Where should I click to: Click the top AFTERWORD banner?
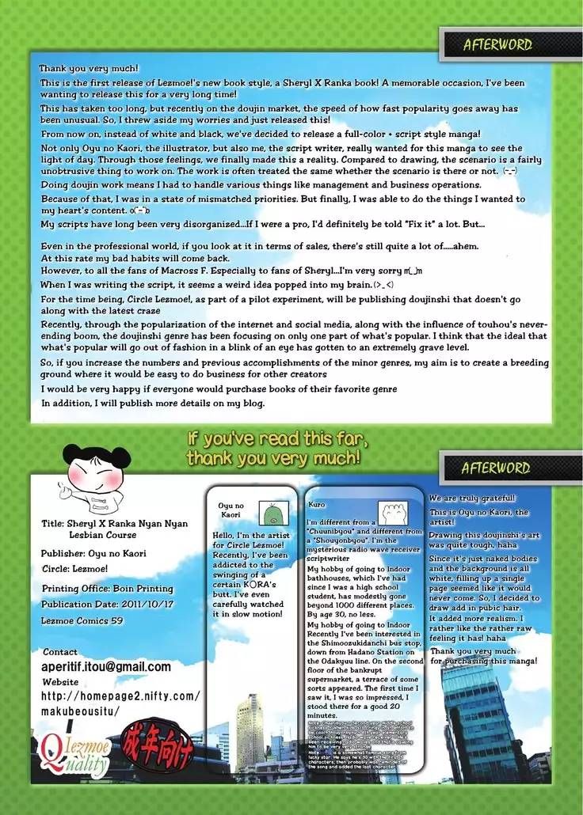[x=497, y=45]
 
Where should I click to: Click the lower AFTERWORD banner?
[x=495, y=468]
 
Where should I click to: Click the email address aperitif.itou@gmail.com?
[x=106, y=667]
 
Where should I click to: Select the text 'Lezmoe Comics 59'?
[x=82, y=621]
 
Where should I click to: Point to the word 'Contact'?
[x=61, y=652]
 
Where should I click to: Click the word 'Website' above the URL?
[x=60, y=681]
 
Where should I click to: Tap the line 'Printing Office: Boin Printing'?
[x=108, y=588]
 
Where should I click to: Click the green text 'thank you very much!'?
[x=274, y=457]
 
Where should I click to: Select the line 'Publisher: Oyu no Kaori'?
[x=94, y=553]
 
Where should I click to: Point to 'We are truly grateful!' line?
[x=473, y=498]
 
